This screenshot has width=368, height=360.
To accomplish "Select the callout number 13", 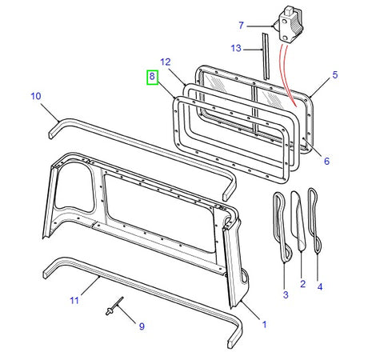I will tap(235, 48).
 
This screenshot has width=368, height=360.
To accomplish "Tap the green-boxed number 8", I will tap(152, 78).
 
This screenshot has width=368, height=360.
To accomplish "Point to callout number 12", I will tap(165, 62).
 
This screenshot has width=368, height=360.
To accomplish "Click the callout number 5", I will tap(335, 74).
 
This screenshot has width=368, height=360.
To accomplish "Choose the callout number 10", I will tap(35, 96).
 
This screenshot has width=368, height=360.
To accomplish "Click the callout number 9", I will tap(142, 326).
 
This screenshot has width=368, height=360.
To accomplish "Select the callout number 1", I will tap(265, 326).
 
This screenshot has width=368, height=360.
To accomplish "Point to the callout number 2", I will tap(302, 284).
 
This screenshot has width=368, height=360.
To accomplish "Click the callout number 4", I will tap(320, 286).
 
